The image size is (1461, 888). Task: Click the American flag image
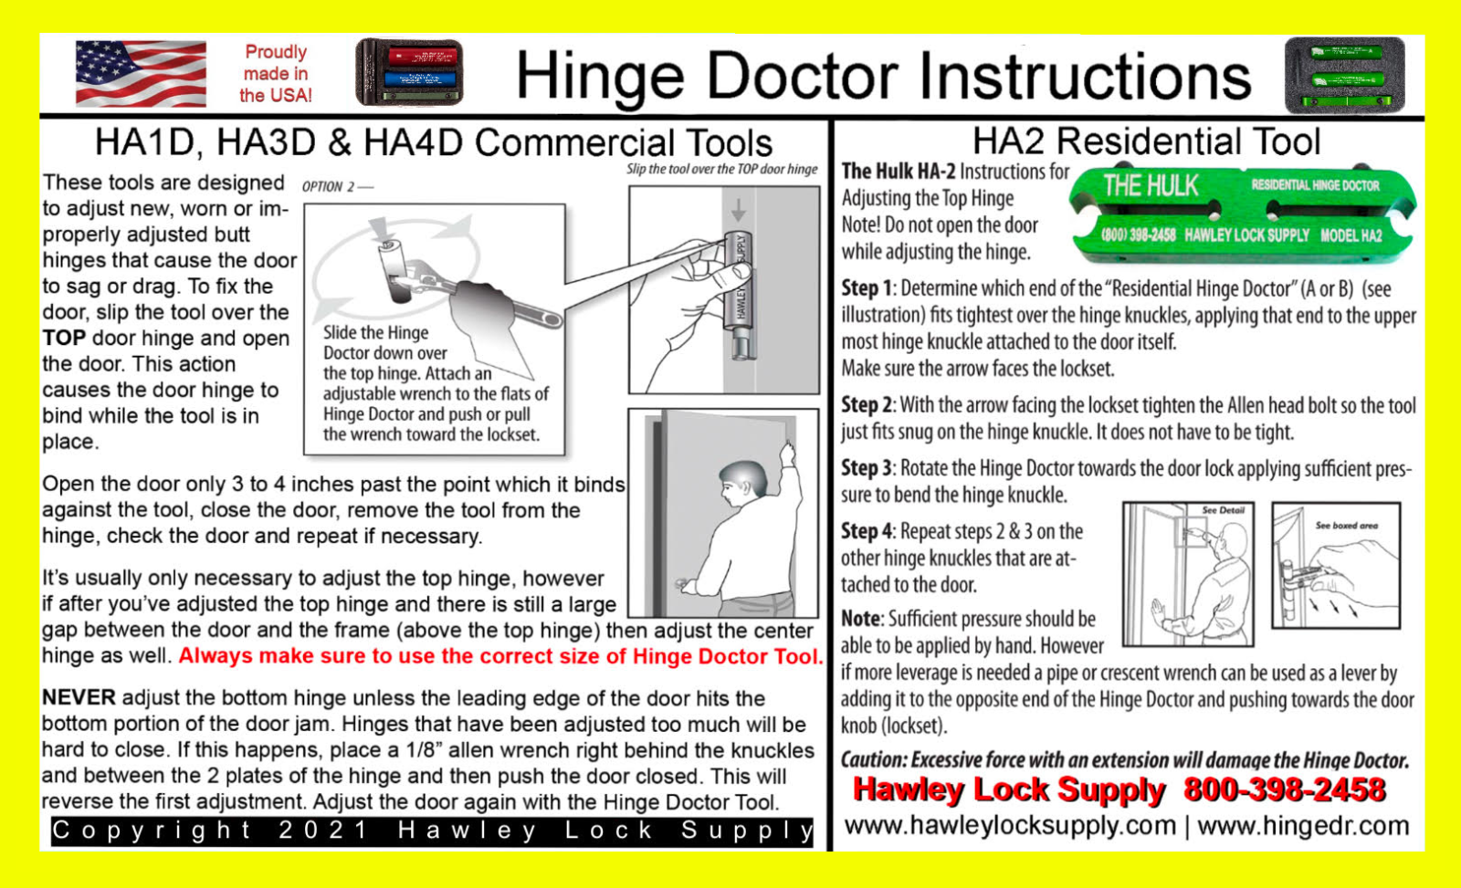(x=141, y=73)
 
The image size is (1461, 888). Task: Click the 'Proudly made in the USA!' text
(x=275, y=73)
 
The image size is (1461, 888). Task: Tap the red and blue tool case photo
(x=409, y=72)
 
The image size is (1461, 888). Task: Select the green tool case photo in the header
(x=1344, y=75)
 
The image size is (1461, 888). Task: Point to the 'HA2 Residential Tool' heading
(x=1146, y=142)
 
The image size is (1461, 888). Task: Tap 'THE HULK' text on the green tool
(x=1151, y=186)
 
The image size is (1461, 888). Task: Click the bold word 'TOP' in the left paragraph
(x=64, y=339)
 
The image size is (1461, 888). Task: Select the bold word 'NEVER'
(x=79, y=698)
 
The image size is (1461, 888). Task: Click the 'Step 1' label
(x=867, y=289)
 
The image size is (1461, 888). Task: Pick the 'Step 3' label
(x=867, y=469)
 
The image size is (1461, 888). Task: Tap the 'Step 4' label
(x=867, y=531)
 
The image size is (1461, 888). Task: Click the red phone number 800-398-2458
(x=1284, y=789)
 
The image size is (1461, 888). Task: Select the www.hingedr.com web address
(x=1303, y=826)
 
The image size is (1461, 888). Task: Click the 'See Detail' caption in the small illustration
(x=1223, y=510)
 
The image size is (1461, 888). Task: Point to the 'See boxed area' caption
(x=1346, y=526)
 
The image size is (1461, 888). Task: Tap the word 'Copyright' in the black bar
(x=152, y=831)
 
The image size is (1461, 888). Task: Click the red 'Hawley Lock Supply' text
(x=1008, y=789)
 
